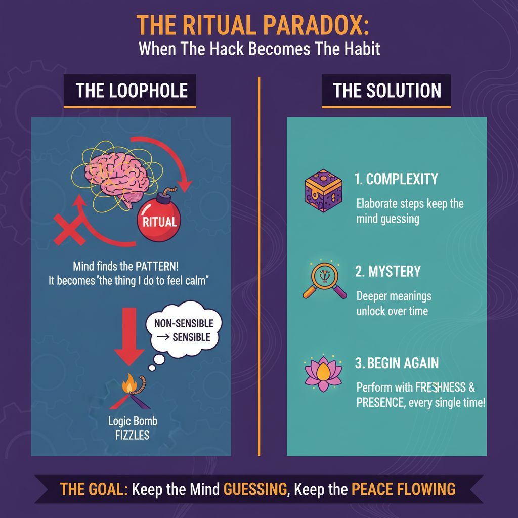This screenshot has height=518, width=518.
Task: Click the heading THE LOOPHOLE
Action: point(132,91)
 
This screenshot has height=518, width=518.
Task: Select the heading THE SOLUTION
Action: point(387,91)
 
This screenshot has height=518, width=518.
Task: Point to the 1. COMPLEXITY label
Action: point(396,179)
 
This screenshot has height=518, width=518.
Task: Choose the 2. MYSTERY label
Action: point(387,271)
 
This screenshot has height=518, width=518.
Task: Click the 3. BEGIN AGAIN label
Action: point(397,363)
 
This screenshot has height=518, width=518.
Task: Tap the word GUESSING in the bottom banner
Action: point(256,489)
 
